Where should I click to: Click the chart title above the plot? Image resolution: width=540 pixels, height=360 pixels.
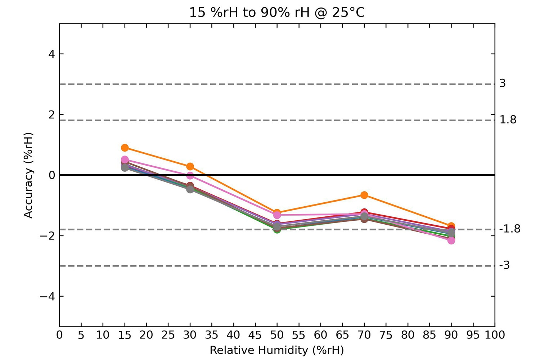(277, 13)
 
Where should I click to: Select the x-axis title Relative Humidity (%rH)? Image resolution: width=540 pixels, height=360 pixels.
(276, 350)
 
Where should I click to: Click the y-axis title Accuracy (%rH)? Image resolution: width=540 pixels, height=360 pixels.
(28, 175)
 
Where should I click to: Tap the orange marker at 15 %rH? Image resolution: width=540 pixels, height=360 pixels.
(125, 148)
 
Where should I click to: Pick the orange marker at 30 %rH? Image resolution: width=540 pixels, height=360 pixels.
(190, 166)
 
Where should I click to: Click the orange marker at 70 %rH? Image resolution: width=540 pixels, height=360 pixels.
(364, 195)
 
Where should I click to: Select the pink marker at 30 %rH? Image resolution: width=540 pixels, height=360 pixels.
(190, 176)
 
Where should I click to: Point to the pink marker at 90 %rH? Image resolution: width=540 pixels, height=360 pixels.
(451, 240)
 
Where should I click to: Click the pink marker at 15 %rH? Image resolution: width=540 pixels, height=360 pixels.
(125, 159)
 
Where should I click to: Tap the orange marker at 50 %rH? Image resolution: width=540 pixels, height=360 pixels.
(277, 212)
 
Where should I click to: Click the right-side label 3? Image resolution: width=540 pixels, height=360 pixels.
(503, 84)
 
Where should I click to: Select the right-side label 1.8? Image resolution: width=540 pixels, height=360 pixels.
(508, 120)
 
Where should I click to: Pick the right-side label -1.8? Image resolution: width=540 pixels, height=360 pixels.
(510, 229)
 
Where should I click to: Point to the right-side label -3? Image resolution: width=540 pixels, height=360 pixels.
(504, 266)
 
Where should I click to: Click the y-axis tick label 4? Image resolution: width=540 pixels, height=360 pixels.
(52, 54)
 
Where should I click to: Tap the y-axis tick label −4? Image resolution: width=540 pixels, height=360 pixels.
(47, 297)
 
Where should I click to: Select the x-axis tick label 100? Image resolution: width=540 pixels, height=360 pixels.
(495, 335)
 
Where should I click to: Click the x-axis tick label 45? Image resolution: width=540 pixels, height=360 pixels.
(255, 335)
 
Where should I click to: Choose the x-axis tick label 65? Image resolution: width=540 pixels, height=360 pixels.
(342, 335)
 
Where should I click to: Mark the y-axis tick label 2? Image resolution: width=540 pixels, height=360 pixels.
(52, 114)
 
